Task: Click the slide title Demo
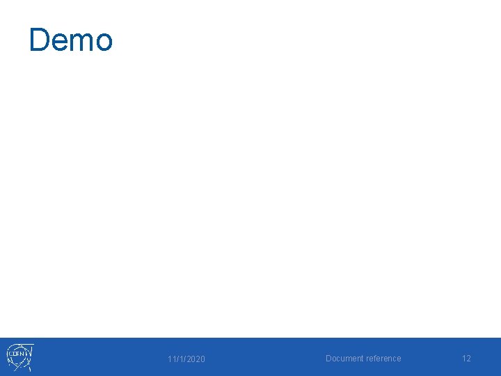click(70, 40)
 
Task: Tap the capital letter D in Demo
click(39, 40)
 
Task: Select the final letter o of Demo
click(102, 42)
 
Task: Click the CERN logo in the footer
click(20, 357)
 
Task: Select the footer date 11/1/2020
click(186, 359)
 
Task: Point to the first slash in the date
click(175, 359)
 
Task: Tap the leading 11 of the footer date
click(170, 359)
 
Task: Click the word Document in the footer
click(344, 359)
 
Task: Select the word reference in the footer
click(383, 359)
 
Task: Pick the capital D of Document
click(328, 359)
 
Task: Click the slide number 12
click(466, 359)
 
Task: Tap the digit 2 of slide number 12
click(468, 359)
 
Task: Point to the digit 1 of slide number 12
click(463, 359)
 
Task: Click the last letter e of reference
click(399, 359)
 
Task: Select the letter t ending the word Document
click(361, 359)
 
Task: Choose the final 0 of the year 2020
click(202, 359)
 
